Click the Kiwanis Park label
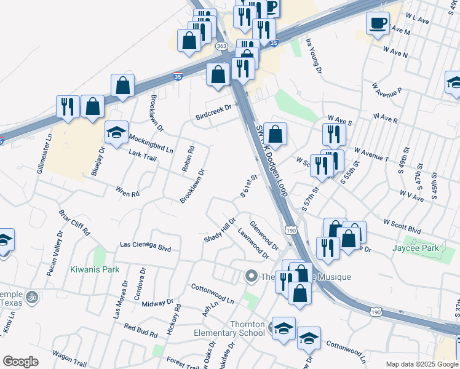[x=94, y=269]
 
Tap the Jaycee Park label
[x=416, y=248]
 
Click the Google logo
[x=20, y=362]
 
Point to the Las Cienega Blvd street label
[x=145, y=246]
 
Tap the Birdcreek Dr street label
[x=213, y=112]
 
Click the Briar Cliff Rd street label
[x=74, y=223]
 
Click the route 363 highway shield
[x=221, y=46]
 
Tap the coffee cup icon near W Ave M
[x=378, y=23]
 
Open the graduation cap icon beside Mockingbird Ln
[x=116, y=132]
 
